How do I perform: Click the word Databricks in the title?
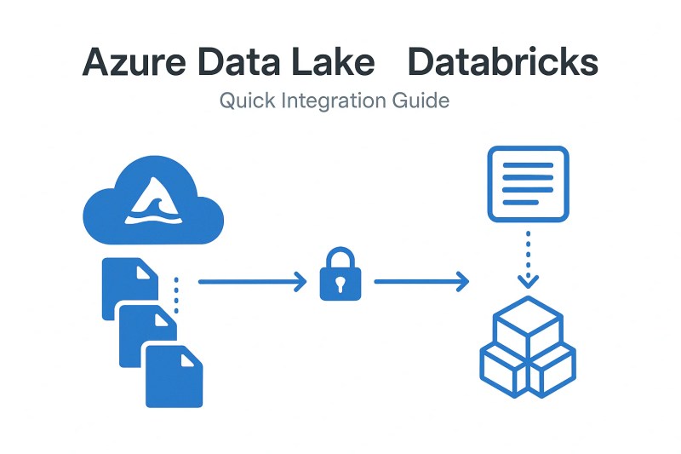(x=502, y=64)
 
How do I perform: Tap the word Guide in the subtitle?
(x=421, y=101)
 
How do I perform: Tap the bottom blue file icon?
(x=175, y=375)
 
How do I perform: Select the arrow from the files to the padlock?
(x=251, y=280)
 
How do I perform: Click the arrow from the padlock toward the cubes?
(x=421, y=280)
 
